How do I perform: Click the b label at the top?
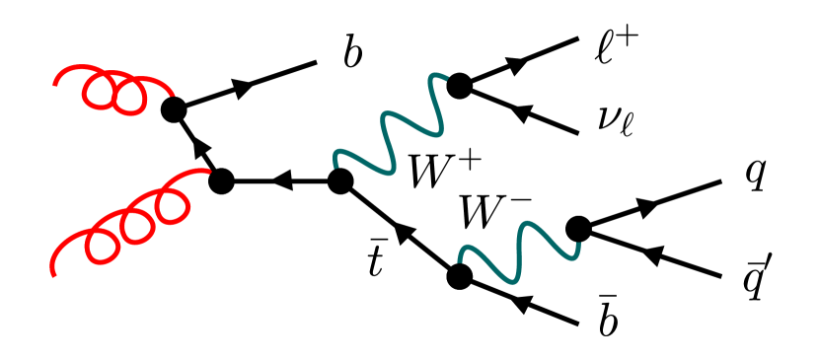352,55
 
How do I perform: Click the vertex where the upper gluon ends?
175,109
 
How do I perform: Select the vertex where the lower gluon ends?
221,181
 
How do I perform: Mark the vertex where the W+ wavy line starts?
340,181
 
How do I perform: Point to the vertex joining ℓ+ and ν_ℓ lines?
458,87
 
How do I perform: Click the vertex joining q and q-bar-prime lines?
577,229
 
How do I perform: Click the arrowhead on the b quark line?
243,88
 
